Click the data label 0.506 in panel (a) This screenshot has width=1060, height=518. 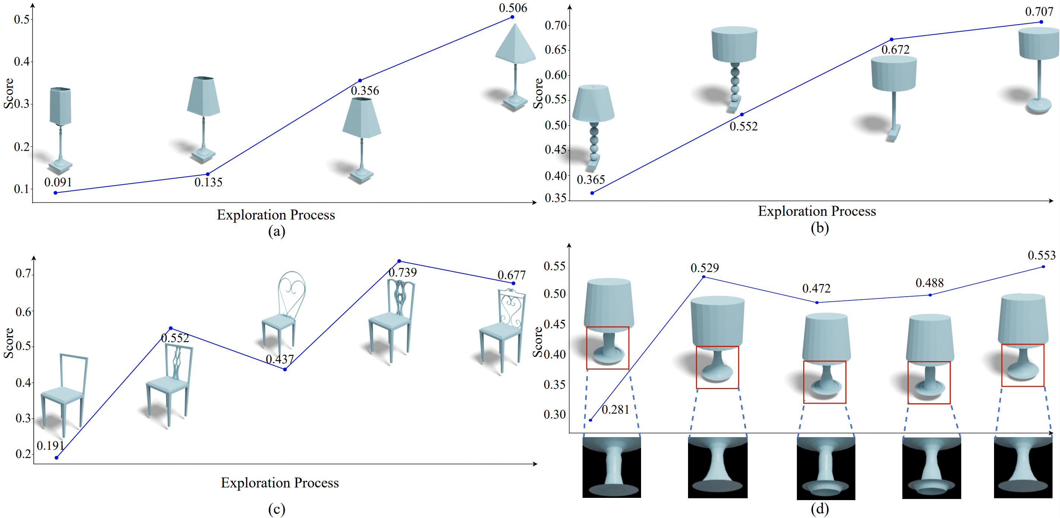coord(513,8)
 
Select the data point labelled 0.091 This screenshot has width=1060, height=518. coord(56,193)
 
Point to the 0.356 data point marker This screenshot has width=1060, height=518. coord(360,80)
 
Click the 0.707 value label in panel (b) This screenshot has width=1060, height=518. coord(1039,12)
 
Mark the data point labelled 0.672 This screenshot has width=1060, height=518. coord(891,40)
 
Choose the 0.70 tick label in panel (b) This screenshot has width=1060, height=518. coord(555,25)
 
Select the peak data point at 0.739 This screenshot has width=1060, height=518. coord(399,261)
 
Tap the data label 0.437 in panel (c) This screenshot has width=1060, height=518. coord(280,359)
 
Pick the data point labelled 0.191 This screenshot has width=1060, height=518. coord(56,458)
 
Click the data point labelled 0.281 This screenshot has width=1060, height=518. coord(590,420)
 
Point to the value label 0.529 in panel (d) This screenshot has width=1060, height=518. coord(704,268)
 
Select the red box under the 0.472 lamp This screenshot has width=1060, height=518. coord(824,382)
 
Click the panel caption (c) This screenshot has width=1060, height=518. coord(277,509)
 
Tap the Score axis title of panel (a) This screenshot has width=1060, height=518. coord(8,94)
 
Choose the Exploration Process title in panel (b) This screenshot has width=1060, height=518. coord(817,211)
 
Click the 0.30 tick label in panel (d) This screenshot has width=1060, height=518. coord(554,414)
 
